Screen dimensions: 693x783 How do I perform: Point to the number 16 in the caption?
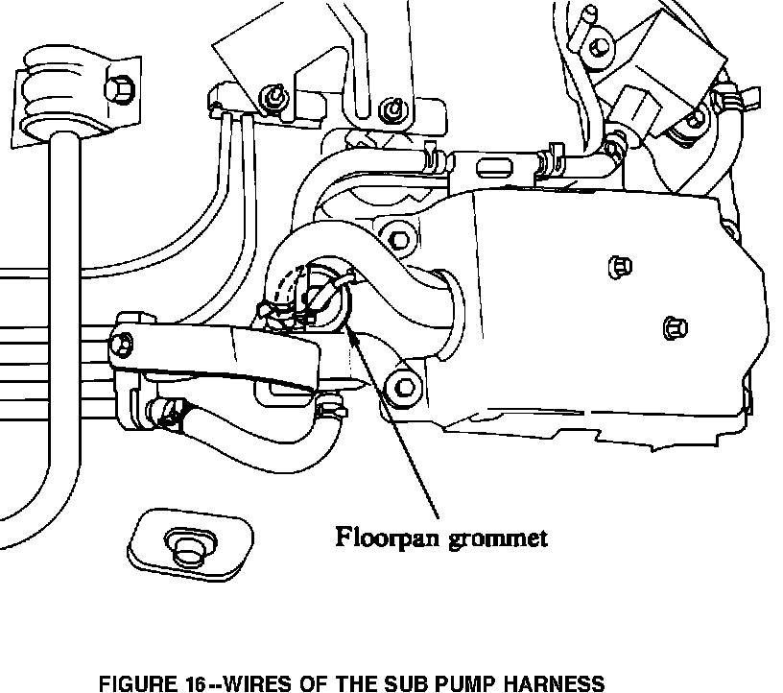(x=197, y=683)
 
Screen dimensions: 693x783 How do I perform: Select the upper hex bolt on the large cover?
(x=619, y=265)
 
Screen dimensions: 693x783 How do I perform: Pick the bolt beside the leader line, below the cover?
(x=401, y=386)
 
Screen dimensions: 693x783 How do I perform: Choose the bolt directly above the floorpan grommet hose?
(x=398, y=234)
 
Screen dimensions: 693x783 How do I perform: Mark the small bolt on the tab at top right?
(x=599, y=43)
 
